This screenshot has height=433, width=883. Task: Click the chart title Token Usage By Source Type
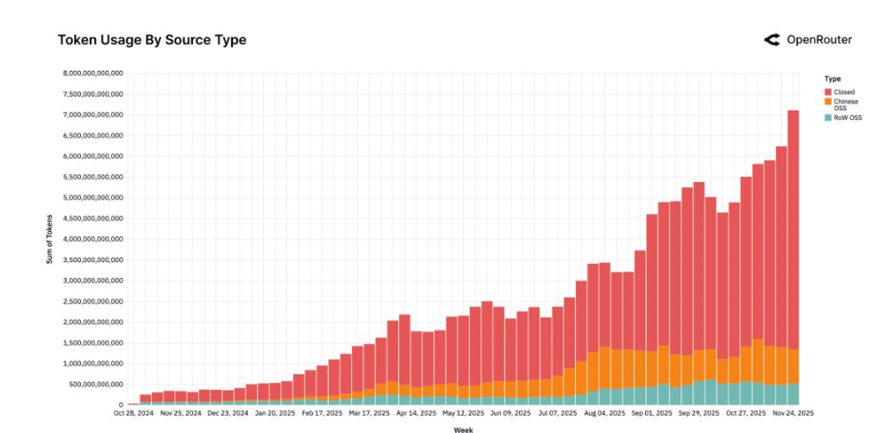(152, 40)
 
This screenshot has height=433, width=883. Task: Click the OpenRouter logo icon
(772, 40)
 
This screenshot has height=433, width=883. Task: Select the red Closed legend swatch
(828, 91)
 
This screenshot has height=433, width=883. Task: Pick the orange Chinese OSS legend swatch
(828, 102)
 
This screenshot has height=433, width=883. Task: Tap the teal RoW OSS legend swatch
(828, 117)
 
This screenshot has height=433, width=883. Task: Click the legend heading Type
(832, 78)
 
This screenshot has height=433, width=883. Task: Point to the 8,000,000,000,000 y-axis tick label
(94, 73)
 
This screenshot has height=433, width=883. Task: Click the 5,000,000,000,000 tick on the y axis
(94, 198)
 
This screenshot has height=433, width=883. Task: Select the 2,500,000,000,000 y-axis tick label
(94, 301)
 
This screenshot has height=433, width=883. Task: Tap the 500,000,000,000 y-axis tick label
(97, 384)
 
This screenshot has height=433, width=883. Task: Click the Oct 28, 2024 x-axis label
(133, 413)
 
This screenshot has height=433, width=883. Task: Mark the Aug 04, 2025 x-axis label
(605, 413)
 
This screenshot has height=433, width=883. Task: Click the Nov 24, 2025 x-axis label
(792, 413)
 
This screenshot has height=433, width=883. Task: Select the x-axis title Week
(463, 429)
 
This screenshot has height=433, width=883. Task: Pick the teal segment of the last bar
(792, 394)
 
